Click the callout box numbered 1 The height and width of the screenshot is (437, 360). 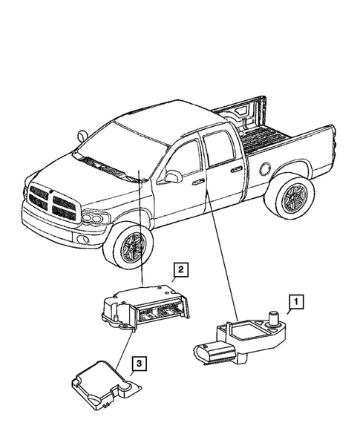coord(296,301)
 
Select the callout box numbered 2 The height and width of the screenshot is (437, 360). coord(180,270)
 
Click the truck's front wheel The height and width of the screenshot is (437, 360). coord(131,246)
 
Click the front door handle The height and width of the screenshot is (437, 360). coord(198,181)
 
